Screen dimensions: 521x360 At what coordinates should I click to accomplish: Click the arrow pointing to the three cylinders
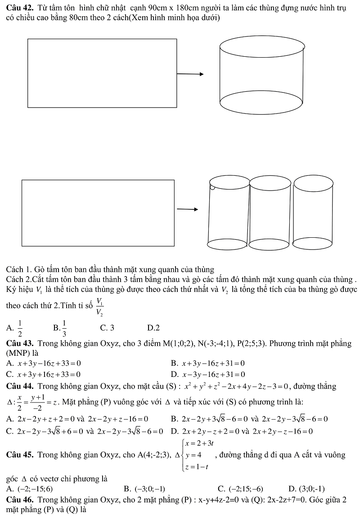[x=187, y=209]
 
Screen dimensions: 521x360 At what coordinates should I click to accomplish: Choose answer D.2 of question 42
[x=153, y=328]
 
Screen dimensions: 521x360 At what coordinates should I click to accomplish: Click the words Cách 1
[x=17, y=270]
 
